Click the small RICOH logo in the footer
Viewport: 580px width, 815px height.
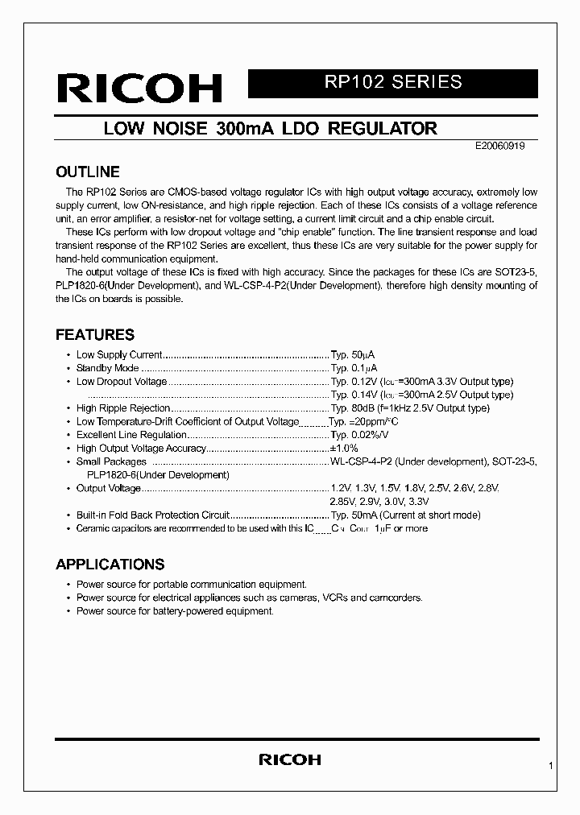tap(289, 759)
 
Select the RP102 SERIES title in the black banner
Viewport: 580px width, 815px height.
tap(392, 82)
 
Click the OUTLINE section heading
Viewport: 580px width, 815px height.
tap(87, 172)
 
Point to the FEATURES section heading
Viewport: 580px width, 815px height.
tap(94, 335)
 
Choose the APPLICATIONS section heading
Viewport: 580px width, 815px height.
tap(110, 565)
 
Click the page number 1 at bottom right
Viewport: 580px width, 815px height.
tap(550, 767)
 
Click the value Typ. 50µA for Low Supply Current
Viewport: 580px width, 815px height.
tap(353, 354)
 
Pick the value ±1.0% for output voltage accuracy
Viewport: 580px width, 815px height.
tap(344, 449)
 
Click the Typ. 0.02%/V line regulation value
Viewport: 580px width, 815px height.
tap(360, 435)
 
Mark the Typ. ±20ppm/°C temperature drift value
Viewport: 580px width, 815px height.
tap(364, 422)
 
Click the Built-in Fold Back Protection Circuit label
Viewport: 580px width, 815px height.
tap(153, 515)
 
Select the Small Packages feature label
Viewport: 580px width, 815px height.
tap(111, 461)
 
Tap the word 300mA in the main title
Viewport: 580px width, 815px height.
tap(246, 129)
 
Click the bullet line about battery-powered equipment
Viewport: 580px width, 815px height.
tap(175, 611)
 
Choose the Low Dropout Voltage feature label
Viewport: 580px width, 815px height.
tap(122, 382)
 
